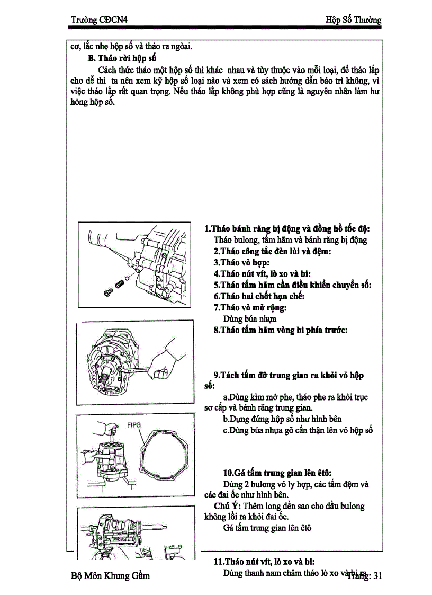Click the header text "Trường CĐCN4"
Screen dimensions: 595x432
click(x=100, y=20)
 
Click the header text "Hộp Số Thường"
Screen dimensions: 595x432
click(x=353, y=20)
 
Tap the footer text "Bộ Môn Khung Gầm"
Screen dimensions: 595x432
click(x=110, y=575)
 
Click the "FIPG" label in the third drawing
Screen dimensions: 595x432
click(x=134, y=425)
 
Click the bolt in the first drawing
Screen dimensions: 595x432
click(x=108, y=291)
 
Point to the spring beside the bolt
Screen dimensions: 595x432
click(x=120, y=285)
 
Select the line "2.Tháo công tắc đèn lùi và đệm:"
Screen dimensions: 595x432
click(x=272, y=251)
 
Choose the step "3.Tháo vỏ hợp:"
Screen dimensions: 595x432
click(x=241, y=262)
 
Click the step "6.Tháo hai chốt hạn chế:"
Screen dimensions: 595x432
click(x=259, y=296)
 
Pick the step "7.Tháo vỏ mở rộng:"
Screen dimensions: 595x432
click(x=250, y=307)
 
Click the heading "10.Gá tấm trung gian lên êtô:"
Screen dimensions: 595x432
click(x=277, y=473)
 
